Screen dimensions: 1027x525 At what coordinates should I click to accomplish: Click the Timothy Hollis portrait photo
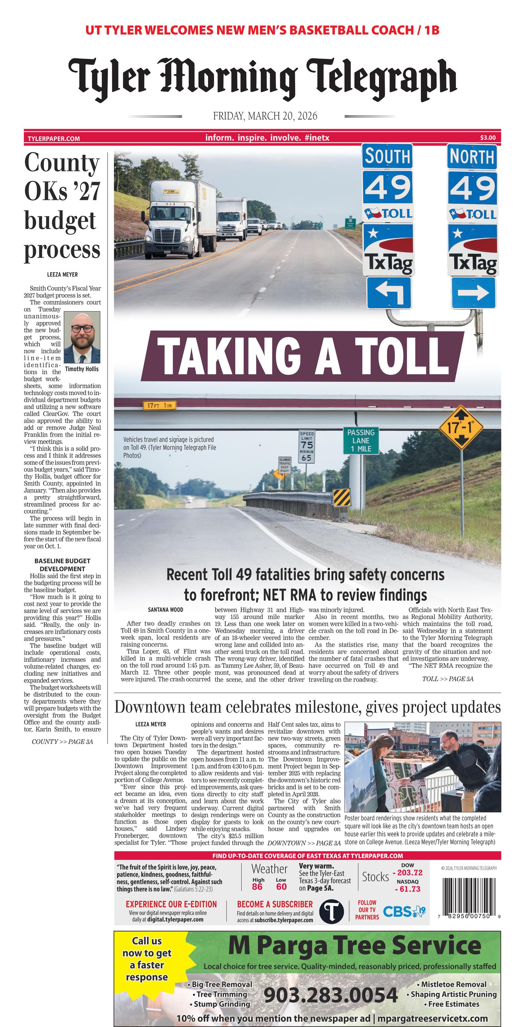pos(82,337)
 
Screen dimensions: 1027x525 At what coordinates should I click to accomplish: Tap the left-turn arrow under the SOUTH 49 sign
pos(388,293)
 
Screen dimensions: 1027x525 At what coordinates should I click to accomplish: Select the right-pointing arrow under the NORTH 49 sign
pos(473,293)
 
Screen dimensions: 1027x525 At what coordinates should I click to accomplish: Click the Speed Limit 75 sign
pos(307,446)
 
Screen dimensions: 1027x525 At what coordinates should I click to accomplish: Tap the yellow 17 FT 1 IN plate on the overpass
pos(159,406)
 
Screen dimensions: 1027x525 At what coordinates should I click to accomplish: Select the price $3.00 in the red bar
pos(488,138)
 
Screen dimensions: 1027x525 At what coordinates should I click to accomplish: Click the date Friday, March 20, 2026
pos(265,116)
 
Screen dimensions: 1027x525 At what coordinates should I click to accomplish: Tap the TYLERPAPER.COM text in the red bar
pos(54,139)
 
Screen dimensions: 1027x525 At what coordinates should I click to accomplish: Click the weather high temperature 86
pos(257,887)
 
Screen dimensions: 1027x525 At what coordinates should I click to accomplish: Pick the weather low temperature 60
pos(281,887)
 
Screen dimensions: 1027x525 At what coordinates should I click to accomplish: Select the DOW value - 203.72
pos(408,873)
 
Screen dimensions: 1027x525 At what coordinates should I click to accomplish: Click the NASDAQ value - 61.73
pos(408,889)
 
